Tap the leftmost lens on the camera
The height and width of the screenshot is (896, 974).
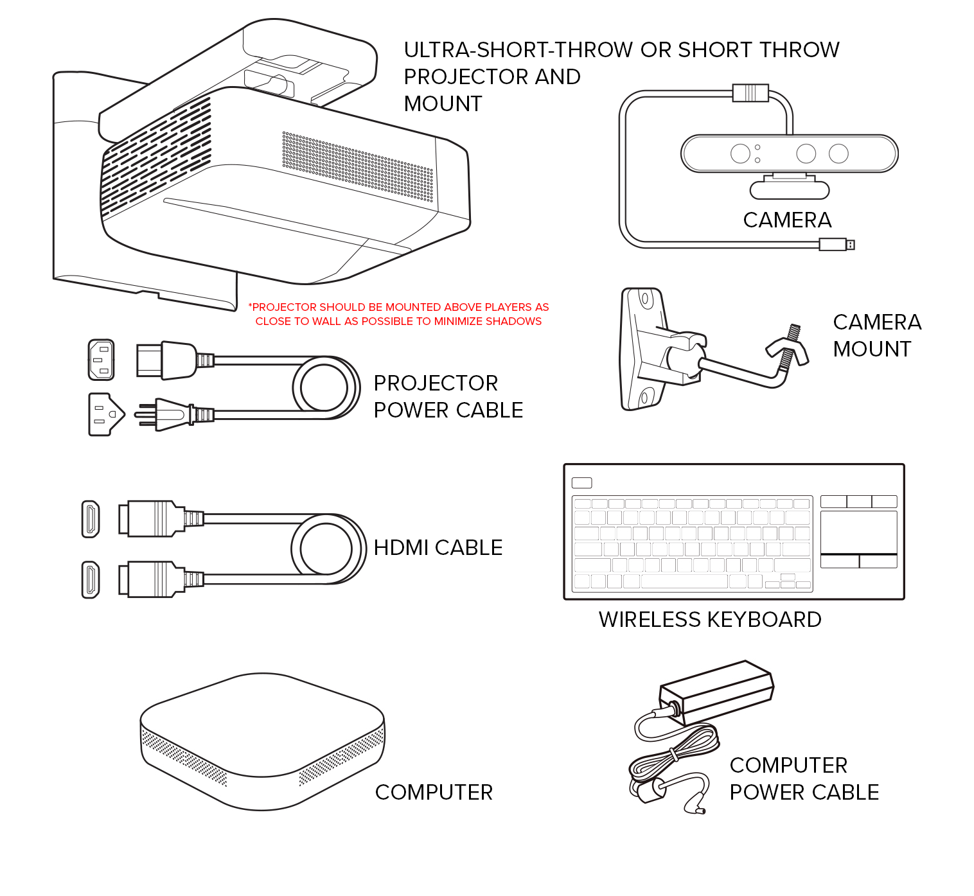tap(740, 154)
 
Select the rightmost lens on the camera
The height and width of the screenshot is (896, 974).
tap(838, 154)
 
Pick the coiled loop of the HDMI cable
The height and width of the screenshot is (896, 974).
tap(328, 549)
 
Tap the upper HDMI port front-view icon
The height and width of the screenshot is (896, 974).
tap(91, 519)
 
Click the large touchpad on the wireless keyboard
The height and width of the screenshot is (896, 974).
tap(858, 532)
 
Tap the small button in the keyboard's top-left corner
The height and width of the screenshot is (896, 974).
tap(581, 483)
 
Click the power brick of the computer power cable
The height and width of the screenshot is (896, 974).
tap(717, 692)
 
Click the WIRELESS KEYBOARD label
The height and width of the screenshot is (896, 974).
tap(709, 620)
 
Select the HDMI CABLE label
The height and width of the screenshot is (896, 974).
tap(438, 548)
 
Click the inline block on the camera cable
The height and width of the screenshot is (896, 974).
tap(750, 92)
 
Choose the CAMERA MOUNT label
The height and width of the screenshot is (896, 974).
tap(876, 335)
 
